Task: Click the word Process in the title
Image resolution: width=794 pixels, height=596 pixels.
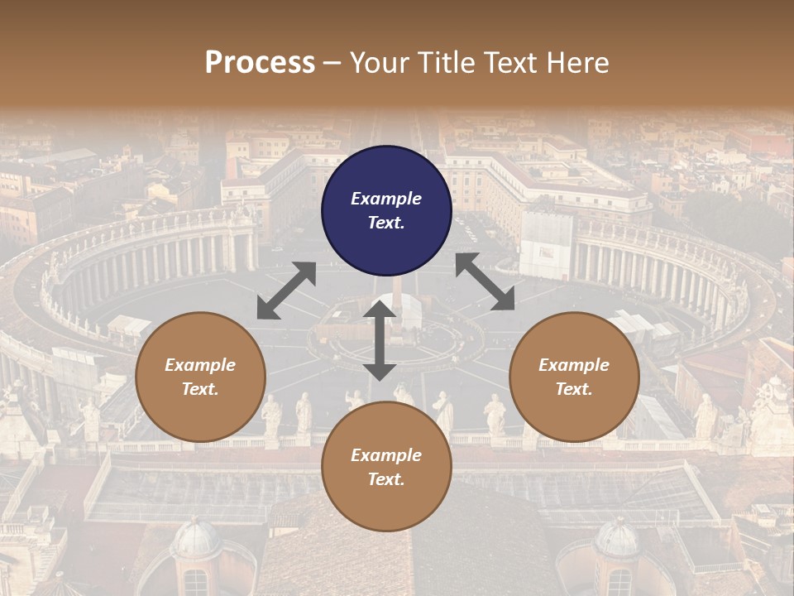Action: [x=260, y=63]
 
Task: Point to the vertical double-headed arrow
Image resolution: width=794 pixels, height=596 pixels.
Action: [x=380, y=340]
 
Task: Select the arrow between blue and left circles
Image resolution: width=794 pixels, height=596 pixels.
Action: [x=286, y=291]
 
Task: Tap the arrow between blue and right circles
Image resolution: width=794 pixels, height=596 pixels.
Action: [x=485, y=282]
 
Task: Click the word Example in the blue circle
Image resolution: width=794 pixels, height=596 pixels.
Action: [x=386, y=199]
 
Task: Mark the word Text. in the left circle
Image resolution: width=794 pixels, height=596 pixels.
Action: [x=200, y=389]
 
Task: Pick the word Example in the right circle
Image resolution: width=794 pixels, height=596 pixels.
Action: [x=574, y=365]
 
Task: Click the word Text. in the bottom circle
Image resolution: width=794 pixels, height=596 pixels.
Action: [x=386, y=479]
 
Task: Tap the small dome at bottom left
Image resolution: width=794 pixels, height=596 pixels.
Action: [x=196, y=538]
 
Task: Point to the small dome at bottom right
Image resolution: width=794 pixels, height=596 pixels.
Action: [x=616, y=538]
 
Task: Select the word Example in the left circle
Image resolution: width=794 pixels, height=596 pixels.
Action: [x=200, y=365]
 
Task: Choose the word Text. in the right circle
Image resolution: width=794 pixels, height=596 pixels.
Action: [x=574, y=389]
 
